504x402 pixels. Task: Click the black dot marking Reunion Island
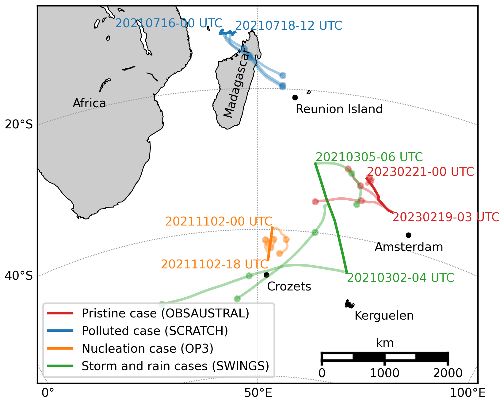[x=295, y=97]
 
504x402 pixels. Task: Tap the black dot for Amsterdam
[x=408, y=235]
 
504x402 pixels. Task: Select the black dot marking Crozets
[x=266, y=275]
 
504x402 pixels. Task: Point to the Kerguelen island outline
[x=349, y=304]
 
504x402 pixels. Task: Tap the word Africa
[x=89, y=104]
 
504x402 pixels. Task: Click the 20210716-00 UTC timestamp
[x=169, y=23]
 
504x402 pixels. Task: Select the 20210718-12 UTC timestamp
[x=288, y=26]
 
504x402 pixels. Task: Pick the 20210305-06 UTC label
[x=369, y=157]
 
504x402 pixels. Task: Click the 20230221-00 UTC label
[x=420, y=172]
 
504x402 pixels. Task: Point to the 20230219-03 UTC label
[x=446, y=217]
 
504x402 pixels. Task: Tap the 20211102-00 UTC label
[x=219, y=221]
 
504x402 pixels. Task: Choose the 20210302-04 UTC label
[x=400, y=278]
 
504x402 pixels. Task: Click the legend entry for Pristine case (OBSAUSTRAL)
[x=165, y=313]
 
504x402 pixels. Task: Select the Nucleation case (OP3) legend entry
[x=147, y=348]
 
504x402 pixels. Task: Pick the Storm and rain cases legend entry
[x=175, y=366]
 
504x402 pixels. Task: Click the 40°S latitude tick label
[x=19, y=276]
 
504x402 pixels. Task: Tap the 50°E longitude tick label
[x=258, y=393]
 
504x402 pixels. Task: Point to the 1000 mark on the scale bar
[x=384, y=373]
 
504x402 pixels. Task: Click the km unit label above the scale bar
[x=385, y=343]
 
